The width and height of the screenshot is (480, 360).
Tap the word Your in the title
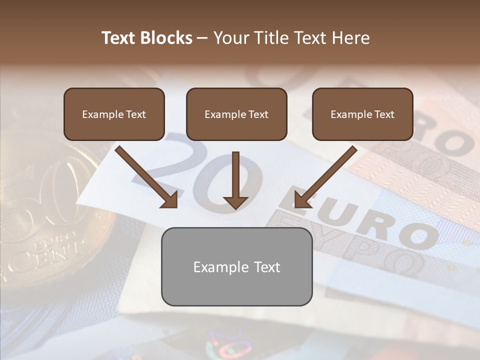[229, 38]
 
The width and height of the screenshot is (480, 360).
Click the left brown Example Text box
[114, 114]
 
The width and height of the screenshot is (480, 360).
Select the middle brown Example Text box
[236, 114]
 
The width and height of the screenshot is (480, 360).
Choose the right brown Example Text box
[362, 114]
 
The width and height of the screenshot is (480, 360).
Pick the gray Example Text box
[236, 267]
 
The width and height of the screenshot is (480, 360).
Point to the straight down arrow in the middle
[235, 175]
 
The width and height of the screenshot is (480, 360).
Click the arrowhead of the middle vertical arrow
[235, 202]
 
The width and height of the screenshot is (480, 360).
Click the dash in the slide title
[202, 38]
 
